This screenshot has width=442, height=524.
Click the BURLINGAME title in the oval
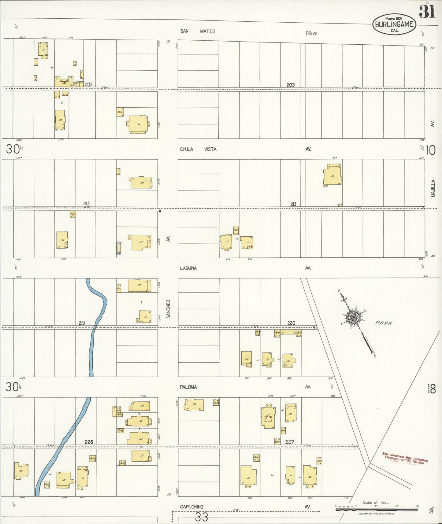click(x=394, y=24)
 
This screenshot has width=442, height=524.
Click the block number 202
click(x=89, y=84)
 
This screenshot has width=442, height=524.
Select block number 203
click(x=291, y=85)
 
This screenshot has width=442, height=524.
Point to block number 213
click(x=293, y=204)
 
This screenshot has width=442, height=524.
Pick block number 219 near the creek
click(x=82, y=323)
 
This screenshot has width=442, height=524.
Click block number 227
click(x=289, y=442)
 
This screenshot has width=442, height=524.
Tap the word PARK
click(x=384, y=323)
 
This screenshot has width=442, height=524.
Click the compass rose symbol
click(x=354, y=318)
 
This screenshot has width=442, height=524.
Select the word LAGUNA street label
click(x=188, y=268)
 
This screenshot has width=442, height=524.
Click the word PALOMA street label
click(x=188, y=387)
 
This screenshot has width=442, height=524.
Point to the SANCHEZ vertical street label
click(x=168, y=309)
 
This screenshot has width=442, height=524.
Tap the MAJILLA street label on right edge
click(x=433, y=188)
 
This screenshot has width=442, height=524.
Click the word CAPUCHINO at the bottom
click(x=191, y=507)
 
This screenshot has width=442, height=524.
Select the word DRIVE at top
click(x=311, y=33)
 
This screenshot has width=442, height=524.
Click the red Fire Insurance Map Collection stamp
click(x=405, y=459)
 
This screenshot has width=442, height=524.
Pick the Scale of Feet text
click(x=376, y=502)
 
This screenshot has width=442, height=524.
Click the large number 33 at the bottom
click(x=202, y=517)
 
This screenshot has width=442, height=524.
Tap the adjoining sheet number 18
click(x=431, y=389)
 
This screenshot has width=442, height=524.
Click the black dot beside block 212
click(x=160, y=211)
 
